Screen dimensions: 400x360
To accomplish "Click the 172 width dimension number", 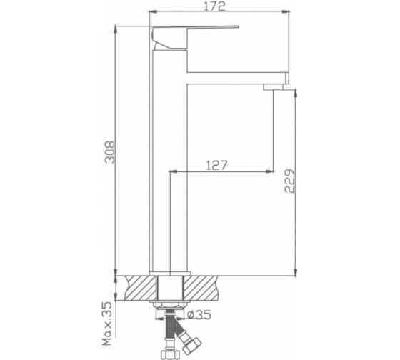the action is tap(215, 6).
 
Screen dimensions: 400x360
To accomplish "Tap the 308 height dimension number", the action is tap(110, 151).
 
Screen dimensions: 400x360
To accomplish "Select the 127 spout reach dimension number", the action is tap(216, 165).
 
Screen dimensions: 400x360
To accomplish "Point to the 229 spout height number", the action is tap(289, 181).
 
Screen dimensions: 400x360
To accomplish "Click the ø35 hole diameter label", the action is tap(199, 314).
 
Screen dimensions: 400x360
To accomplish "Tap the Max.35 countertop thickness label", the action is tap(107, 324).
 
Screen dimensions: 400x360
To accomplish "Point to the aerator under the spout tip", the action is tap(273, 87).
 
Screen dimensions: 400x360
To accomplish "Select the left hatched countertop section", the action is tap(141, 288).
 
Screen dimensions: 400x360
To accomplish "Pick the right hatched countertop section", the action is tap(201, 288).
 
